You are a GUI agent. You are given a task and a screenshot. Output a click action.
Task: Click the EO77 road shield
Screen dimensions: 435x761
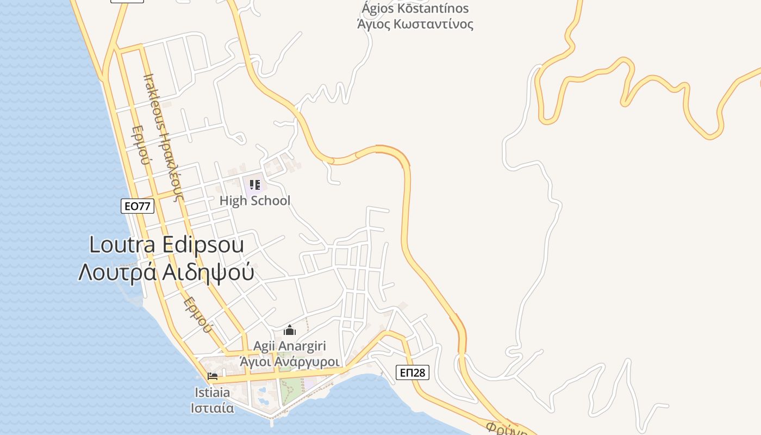(x=138, y=206)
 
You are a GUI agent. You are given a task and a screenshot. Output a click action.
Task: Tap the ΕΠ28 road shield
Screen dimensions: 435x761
(x=412, y=372)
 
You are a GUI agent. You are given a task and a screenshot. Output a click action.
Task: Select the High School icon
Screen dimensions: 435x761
(x=255, y=185)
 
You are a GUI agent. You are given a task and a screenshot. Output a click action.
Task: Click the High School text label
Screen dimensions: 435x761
(x=255, y=201)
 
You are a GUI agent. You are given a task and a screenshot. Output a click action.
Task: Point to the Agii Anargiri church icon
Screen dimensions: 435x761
(x=290, y=330)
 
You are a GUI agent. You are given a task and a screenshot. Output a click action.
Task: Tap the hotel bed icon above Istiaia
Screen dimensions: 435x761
(x=212, y=376)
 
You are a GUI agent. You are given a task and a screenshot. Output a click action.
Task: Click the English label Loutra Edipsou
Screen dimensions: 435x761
(x=166, y=245)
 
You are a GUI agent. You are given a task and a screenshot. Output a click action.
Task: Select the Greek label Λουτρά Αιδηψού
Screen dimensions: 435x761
(x=166, y=272)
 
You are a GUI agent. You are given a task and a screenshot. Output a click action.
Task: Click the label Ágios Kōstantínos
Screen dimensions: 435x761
(x=415, y=9)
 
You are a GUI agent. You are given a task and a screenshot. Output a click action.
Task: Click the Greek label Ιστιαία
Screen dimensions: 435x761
(x=213, y=408)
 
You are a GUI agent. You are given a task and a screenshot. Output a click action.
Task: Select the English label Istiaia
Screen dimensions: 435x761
(x=213, y=392)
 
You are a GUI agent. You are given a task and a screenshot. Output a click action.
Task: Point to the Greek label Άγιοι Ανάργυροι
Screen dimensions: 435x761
(x=290, y=362)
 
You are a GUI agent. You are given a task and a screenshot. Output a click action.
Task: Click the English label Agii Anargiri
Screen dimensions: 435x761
(x=290, y=346)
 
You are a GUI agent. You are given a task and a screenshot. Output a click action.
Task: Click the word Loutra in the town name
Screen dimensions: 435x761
(x=117, y=245)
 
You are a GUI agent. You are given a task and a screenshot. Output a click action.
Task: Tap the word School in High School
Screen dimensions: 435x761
(x=270, y=201)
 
